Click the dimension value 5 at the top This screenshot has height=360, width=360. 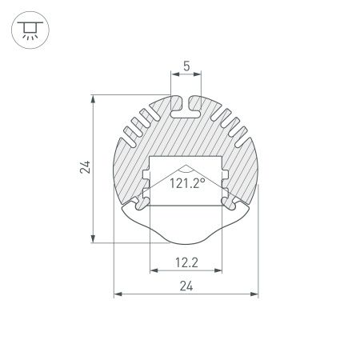[x=186, y=67]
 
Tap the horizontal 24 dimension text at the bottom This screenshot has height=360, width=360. [x=186, y=286]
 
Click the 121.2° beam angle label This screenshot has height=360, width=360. [x=186, y=183]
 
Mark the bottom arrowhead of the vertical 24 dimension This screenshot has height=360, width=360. [x=95, y=238]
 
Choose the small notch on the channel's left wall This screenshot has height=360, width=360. [x=146, y=174]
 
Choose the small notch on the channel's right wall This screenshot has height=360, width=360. [x=227, y=174]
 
